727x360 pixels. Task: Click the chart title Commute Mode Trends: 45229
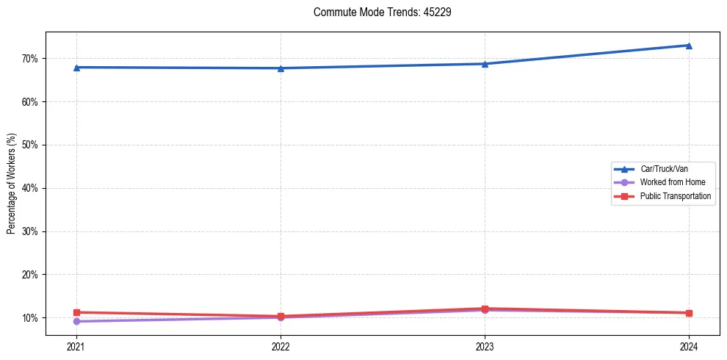[377, 12]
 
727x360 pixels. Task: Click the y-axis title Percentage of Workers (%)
[11, 184]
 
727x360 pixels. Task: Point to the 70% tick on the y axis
[29, 58]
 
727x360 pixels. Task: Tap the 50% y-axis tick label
[29, 145]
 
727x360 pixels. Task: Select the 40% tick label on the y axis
[29, 188]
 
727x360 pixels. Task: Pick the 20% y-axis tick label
[29, 275]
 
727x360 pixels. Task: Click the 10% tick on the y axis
[29, 318]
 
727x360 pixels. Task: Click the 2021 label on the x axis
[76, 346]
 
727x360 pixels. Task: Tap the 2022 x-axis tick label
[281, 346]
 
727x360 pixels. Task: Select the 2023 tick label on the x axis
[485, 346]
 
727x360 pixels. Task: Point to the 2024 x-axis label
[689, 346]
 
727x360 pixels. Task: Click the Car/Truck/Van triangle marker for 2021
[76, 68]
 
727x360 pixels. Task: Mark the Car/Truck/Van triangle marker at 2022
[281, 68]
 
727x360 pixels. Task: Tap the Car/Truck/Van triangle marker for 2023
[485, 64]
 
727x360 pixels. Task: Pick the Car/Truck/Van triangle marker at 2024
[689, 46]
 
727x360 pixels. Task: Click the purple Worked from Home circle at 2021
[76, 321]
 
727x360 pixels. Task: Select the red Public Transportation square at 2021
[76, 312]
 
